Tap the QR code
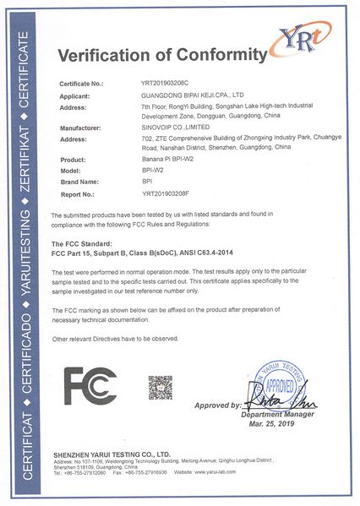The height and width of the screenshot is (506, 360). click(x=160, y=389)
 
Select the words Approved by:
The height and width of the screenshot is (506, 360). click(x=218, y=405)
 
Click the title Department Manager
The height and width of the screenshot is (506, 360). click(x=277, y=415)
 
